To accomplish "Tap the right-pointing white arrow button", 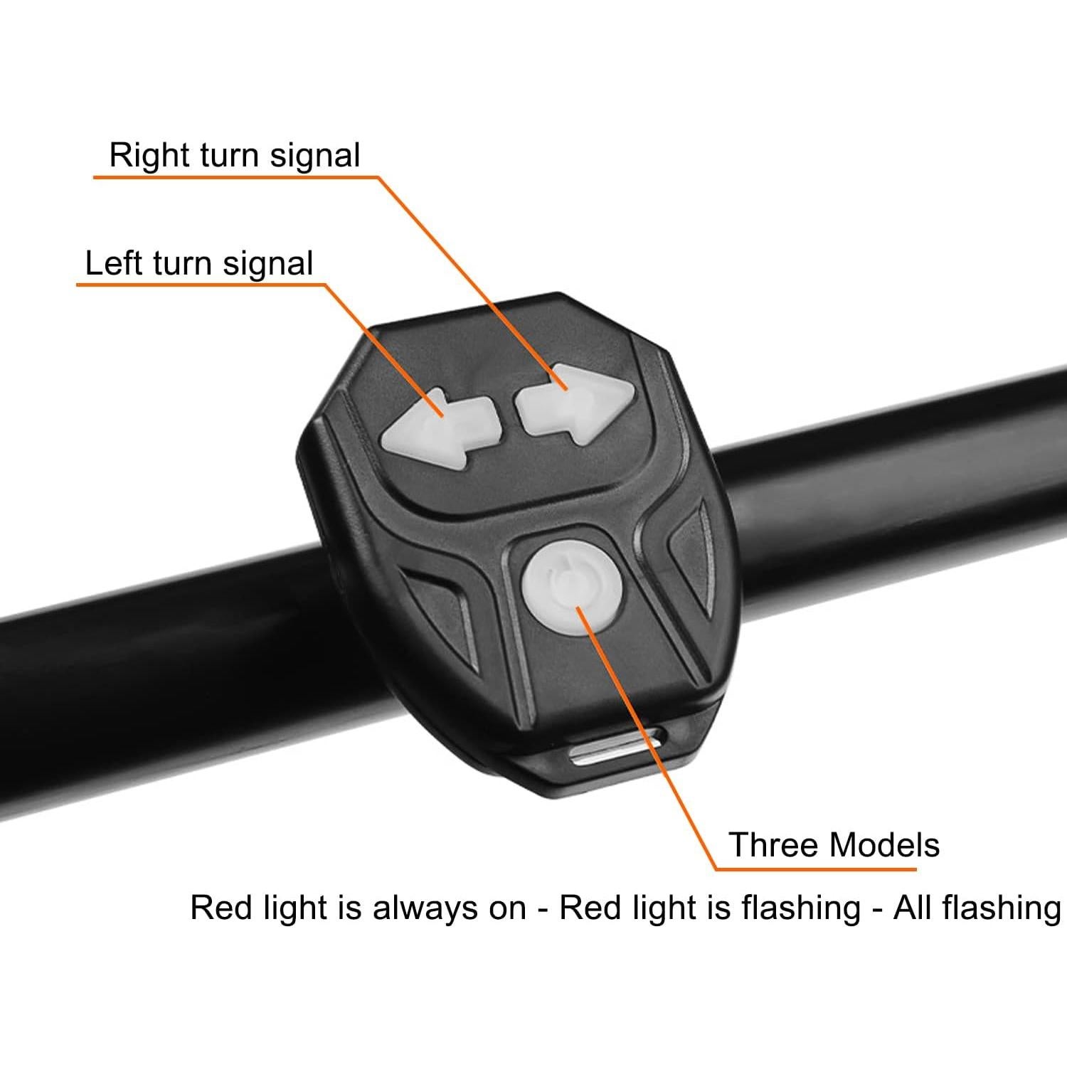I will pyautogui.click(x=573, y=404).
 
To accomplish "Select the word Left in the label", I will pyautogui.click(x=113, y=262).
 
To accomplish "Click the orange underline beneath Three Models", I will pyautogui.click(x=818, y=869).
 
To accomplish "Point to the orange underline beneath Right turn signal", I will pyautogui.click(x=235, y=177).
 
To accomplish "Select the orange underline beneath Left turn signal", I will pyautogui.click(x=199, y=285).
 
